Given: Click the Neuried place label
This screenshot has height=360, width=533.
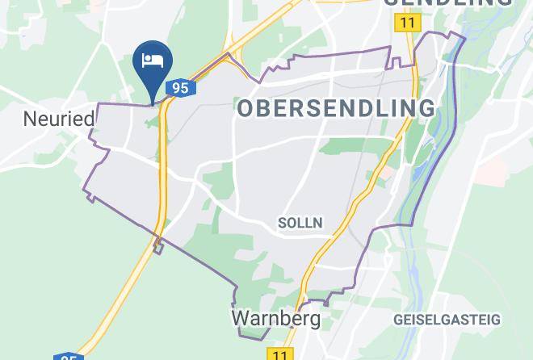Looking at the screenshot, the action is (x=59, y=119).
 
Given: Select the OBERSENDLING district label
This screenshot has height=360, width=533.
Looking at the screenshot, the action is (x=335, y=108).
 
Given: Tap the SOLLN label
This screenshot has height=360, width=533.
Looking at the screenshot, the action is (x=300, y=222).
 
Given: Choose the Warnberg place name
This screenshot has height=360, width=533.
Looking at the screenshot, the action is (x=275, y=318).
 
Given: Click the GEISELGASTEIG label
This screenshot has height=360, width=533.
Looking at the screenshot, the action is (x=447, y=320).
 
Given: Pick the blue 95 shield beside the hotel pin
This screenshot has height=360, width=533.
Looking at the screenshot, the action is (x=180, y=87).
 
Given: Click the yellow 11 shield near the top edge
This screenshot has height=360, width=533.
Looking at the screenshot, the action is (x=406, y=23).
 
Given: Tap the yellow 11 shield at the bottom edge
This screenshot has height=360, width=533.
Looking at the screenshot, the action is (x=279, y=354).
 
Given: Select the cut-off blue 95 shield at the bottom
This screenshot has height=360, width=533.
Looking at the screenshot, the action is (x=69, y=357).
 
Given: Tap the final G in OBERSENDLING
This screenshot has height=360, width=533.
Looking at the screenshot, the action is (x=426, y=108).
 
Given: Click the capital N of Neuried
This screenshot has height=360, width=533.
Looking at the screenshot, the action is (x=30, y=119).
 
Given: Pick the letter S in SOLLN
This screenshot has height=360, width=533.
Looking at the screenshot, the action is (x=281, y=222).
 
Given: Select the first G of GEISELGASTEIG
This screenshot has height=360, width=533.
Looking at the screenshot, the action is (x=399, y=320).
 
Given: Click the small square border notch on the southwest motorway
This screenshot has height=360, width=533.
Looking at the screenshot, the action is (x=158, y=246).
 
